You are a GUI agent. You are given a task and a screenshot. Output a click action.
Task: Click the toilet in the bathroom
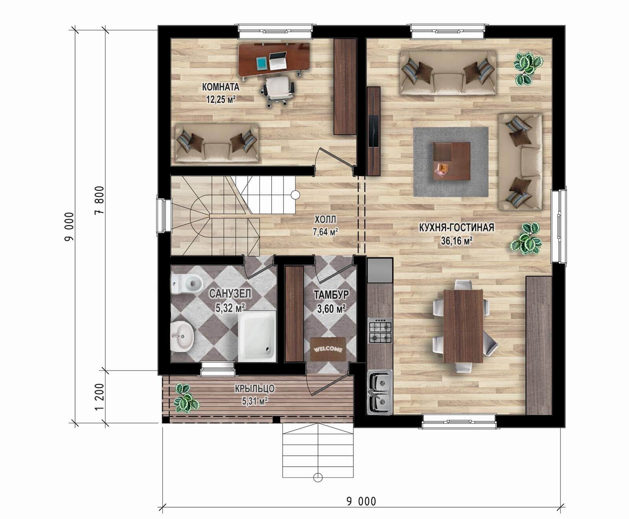[187, 284]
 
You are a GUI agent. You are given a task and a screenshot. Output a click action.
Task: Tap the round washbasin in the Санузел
[183, 335]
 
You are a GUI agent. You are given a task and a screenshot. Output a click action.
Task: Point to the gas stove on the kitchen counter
[380, 331]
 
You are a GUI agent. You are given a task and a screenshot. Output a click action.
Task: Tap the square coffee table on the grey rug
[452, 161]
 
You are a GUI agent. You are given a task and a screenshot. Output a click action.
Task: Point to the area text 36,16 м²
[456, 240]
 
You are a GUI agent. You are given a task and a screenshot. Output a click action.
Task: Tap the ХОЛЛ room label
[325, 220]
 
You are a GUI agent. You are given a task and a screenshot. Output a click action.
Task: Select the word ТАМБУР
[331, 295]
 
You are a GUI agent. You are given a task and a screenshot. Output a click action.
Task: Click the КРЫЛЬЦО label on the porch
[254, 389]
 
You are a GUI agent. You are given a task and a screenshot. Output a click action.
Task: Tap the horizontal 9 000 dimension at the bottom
[361, 501]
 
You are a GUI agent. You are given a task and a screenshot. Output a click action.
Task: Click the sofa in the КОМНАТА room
[217, 143]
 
